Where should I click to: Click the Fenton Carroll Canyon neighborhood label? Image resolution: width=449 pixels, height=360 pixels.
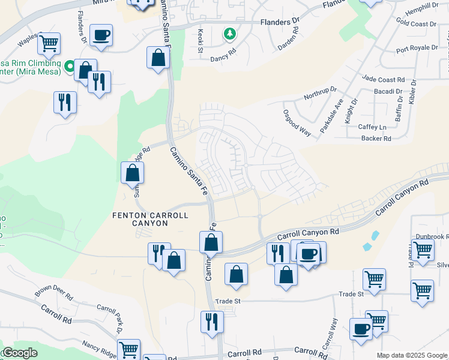[x=150, y=219]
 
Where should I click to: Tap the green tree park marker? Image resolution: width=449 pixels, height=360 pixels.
[x=229, y=34]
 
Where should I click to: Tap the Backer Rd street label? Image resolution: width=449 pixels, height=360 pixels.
[x=376, y=139]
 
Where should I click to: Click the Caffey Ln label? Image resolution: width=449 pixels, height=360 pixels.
[x=373, y=127]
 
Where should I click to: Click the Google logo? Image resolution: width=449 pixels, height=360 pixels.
[x=20, y=353]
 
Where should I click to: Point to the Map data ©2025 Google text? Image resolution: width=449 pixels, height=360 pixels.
[x=412, y=355]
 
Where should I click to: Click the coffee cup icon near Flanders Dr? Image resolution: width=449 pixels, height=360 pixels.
[x=101, y=34]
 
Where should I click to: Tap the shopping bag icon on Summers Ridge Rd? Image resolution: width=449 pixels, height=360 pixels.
[x=132, y=173]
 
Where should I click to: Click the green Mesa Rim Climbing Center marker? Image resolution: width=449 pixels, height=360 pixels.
[x=70, y=65]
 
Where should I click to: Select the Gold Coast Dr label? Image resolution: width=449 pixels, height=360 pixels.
[x=416, y=24]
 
